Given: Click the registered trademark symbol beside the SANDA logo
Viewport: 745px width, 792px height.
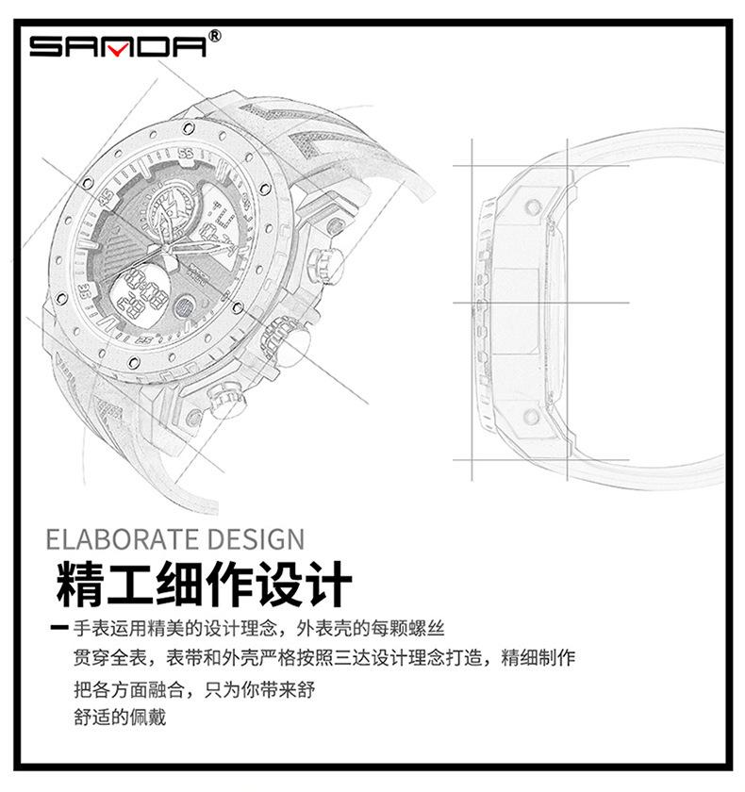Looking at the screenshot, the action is pos(215,36).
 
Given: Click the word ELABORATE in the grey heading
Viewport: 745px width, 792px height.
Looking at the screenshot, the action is pos(123,539).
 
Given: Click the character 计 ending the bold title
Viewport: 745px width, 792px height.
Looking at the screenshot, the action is pos(328,584).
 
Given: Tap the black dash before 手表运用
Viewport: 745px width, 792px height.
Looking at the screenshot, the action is pos(59,628).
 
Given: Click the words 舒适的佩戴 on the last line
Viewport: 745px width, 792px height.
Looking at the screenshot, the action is pos(120,717).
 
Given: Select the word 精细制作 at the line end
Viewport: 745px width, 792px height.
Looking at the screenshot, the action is pos(538,658).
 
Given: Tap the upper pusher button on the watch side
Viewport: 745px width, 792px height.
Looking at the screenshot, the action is pos(324,263).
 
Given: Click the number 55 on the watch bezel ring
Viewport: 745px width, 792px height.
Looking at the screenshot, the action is pos(186,153).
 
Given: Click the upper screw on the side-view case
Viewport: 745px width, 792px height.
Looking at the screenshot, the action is pos(534,206).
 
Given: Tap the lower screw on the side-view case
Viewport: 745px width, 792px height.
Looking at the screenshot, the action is pos(531,416).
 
